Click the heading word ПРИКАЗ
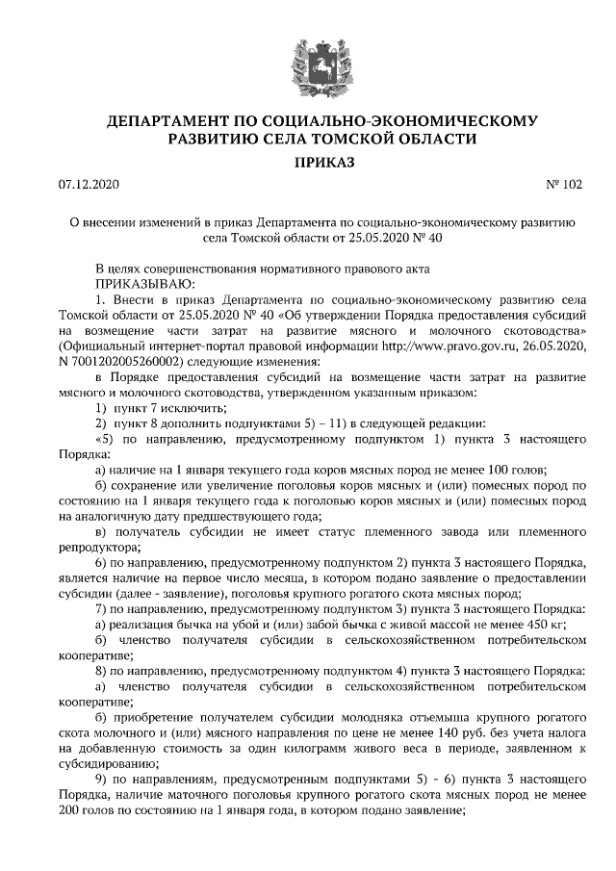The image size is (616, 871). coord(308,163)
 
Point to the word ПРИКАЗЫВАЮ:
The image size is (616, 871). coord(144,284)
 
